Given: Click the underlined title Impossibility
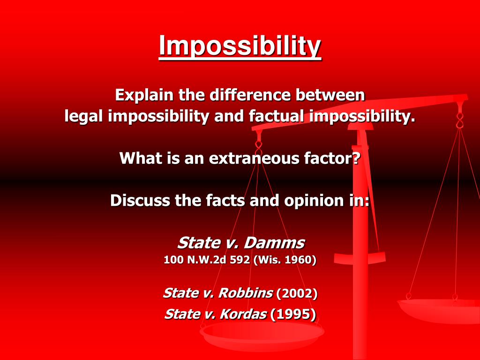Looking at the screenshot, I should (240, 46).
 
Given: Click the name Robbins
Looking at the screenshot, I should (245, 293).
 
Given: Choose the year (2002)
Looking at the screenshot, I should (297, 294).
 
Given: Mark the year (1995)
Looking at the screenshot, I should (293, 315).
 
